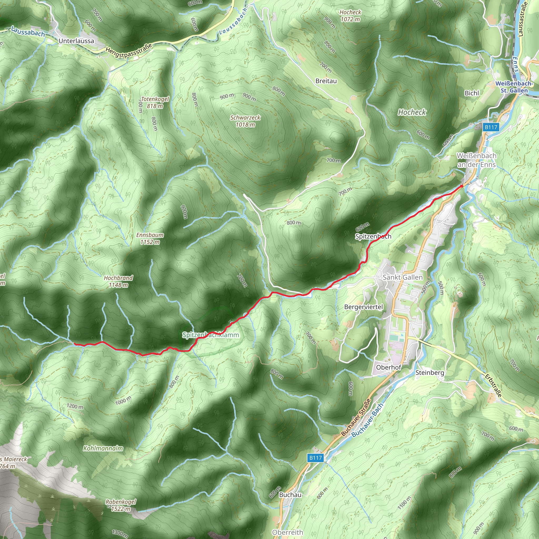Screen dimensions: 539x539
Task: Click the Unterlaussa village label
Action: (x=76, y=41)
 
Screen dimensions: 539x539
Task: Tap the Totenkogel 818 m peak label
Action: (x=155, y=102)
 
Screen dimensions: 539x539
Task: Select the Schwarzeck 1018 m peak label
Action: (x=245, y=121)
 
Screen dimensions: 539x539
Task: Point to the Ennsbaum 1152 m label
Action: (x=150, y=238)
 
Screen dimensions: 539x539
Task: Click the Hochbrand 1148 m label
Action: (x=118, y=281)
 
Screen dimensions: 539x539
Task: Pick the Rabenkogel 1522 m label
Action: (x=121, y=505)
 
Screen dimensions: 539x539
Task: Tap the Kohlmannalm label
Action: (x=103, y=448)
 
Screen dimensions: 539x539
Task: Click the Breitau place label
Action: (x=326, y=81)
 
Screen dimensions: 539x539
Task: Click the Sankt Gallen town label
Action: (x=403, y=277)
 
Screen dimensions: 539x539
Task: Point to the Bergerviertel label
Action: (x=363, y=307)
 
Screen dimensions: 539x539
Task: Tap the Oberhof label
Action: (x=389, y=367)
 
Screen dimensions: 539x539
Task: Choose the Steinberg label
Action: (x=430, y=372)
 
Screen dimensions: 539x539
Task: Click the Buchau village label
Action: (x=290, y=495)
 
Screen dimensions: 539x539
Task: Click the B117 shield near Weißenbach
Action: (x=491, y=127)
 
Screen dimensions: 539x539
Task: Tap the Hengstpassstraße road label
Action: (x=129, y=51)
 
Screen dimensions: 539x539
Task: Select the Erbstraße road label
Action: (x=493, y=386)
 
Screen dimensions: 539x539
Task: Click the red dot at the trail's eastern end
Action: (x=461, y=186)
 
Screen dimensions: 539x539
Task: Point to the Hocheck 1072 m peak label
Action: (x=350, y=16)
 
